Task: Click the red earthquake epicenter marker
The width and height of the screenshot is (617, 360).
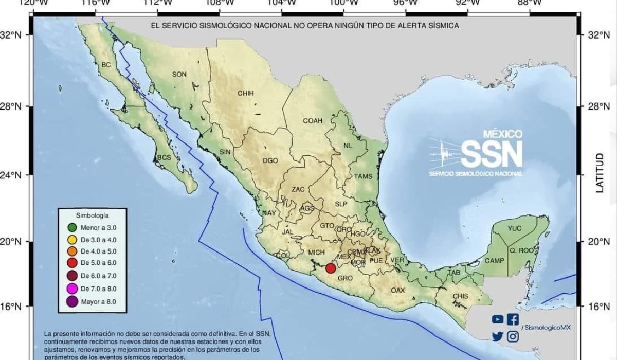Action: click(x=331, y=268)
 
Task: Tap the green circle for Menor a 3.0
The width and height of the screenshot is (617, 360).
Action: click(x=72, y=228)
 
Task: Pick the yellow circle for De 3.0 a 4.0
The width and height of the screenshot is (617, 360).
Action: click(x=72, y=240)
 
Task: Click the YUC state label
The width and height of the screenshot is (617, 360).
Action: click(x=514, y=228)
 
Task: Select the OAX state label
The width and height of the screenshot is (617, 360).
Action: click(x=397, y=291)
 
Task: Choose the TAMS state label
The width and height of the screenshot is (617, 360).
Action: click(x=363, y=176)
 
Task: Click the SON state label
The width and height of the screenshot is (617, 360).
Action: click(x=179, y=74)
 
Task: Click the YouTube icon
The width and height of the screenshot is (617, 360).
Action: click(x=497, y=319)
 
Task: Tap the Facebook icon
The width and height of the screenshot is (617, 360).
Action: click(x=513, y=319)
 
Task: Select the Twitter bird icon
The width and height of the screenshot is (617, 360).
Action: click(x=497, y=336)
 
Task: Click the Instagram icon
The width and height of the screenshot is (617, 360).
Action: click(x=513, y=336)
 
